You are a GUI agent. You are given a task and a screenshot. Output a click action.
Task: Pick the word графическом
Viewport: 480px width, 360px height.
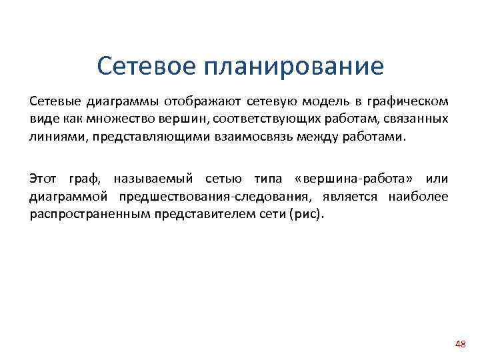point(406,102)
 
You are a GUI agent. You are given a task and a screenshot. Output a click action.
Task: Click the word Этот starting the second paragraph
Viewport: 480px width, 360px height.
point(43,179)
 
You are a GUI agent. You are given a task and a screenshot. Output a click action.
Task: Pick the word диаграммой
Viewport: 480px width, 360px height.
point(69,197)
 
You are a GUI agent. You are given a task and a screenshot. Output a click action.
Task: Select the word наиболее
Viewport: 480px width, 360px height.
point(421,197)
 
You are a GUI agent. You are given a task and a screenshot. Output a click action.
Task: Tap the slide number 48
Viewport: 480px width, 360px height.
point(459,344)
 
